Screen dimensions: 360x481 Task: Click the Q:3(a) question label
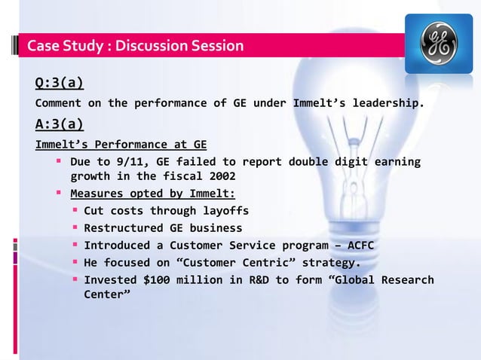coord(59,83)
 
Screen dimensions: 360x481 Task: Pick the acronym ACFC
coord(358,246)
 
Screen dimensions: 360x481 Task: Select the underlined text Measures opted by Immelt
coord(152,194)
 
